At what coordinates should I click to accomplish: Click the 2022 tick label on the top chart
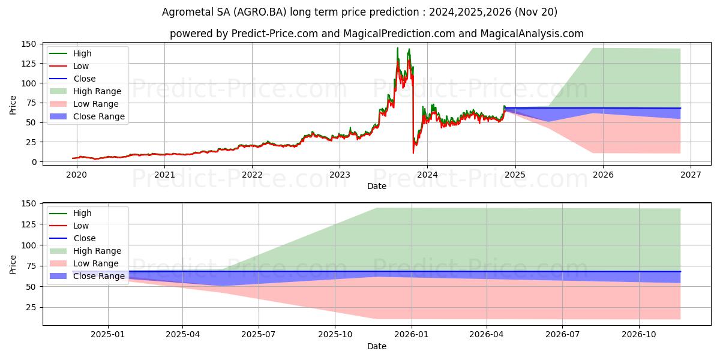[252, 175]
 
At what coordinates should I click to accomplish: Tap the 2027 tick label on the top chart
[691, 175]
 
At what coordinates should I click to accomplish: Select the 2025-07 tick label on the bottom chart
[259, 334]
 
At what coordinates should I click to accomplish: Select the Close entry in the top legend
[84, 79]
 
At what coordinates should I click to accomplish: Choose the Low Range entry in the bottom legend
[95, 263]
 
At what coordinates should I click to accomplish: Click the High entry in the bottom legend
[82, 213]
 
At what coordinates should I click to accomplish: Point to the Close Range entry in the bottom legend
[98, 276]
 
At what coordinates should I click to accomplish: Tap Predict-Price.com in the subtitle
[274, 34]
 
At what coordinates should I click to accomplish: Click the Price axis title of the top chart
[13, 104]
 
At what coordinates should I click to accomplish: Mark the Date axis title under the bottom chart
[376, 346]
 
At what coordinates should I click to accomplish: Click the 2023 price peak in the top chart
[397, 48]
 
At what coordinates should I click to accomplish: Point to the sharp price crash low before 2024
[413, 152]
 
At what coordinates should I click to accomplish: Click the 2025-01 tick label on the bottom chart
[108, 334]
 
